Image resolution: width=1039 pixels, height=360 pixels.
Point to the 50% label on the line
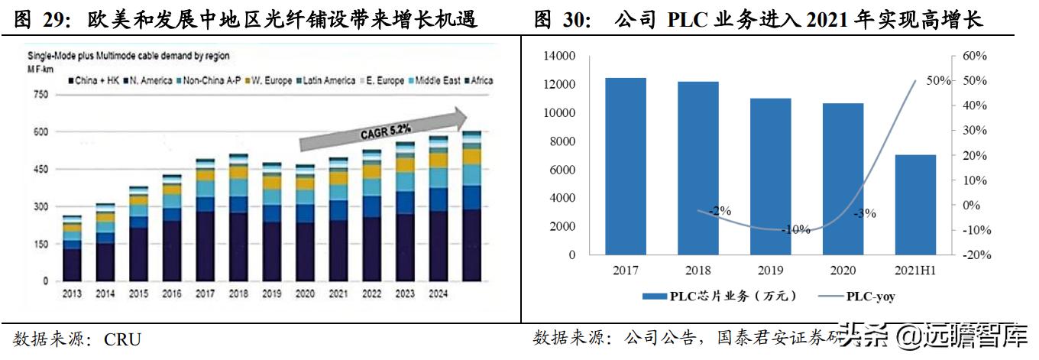pyautogui.click(x=937, y=80)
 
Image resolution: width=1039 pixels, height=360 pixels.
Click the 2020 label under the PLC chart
pyautogui.click(x=843, y=270)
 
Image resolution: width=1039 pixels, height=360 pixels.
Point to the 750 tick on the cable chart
pyautogui.click(x=39, y=95)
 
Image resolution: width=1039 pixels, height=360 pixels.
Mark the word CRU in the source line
pyautogui.click(x=124, y=339)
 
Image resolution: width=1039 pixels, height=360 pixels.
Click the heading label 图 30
pyautogui.click(x=562, y=20)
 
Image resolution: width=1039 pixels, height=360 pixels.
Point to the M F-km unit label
pyautogui.click(x=43, y=68)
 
